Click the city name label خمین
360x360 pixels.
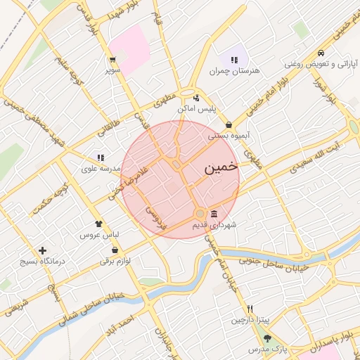pyautogui.click(x=220, y=170)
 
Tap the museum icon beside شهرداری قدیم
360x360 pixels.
pyautogui.click(x=214, y=214)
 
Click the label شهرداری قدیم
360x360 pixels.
pyautogui.click(x=214, y=225)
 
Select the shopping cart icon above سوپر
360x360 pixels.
pyautogui.click(x=112, y=59)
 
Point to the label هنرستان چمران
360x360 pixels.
pyautogui.click(x=231, y=71)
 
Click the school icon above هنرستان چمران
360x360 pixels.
pyautogui.click(x=233, y=60)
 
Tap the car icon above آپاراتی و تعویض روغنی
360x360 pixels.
pyautogui.click(x=321, y=53)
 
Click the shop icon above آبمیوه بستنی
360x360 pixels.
pyautogui.click(x=229, y=124)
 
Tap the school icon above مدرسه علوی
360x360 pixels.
pyautogui.click(x=101, y=157)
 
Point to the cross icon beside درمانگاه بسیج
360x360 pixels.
pyautogui.click(x=43, y=250)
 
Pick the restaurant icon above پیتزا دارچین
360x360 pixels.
pyautogui.click(x=250, y=309)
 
